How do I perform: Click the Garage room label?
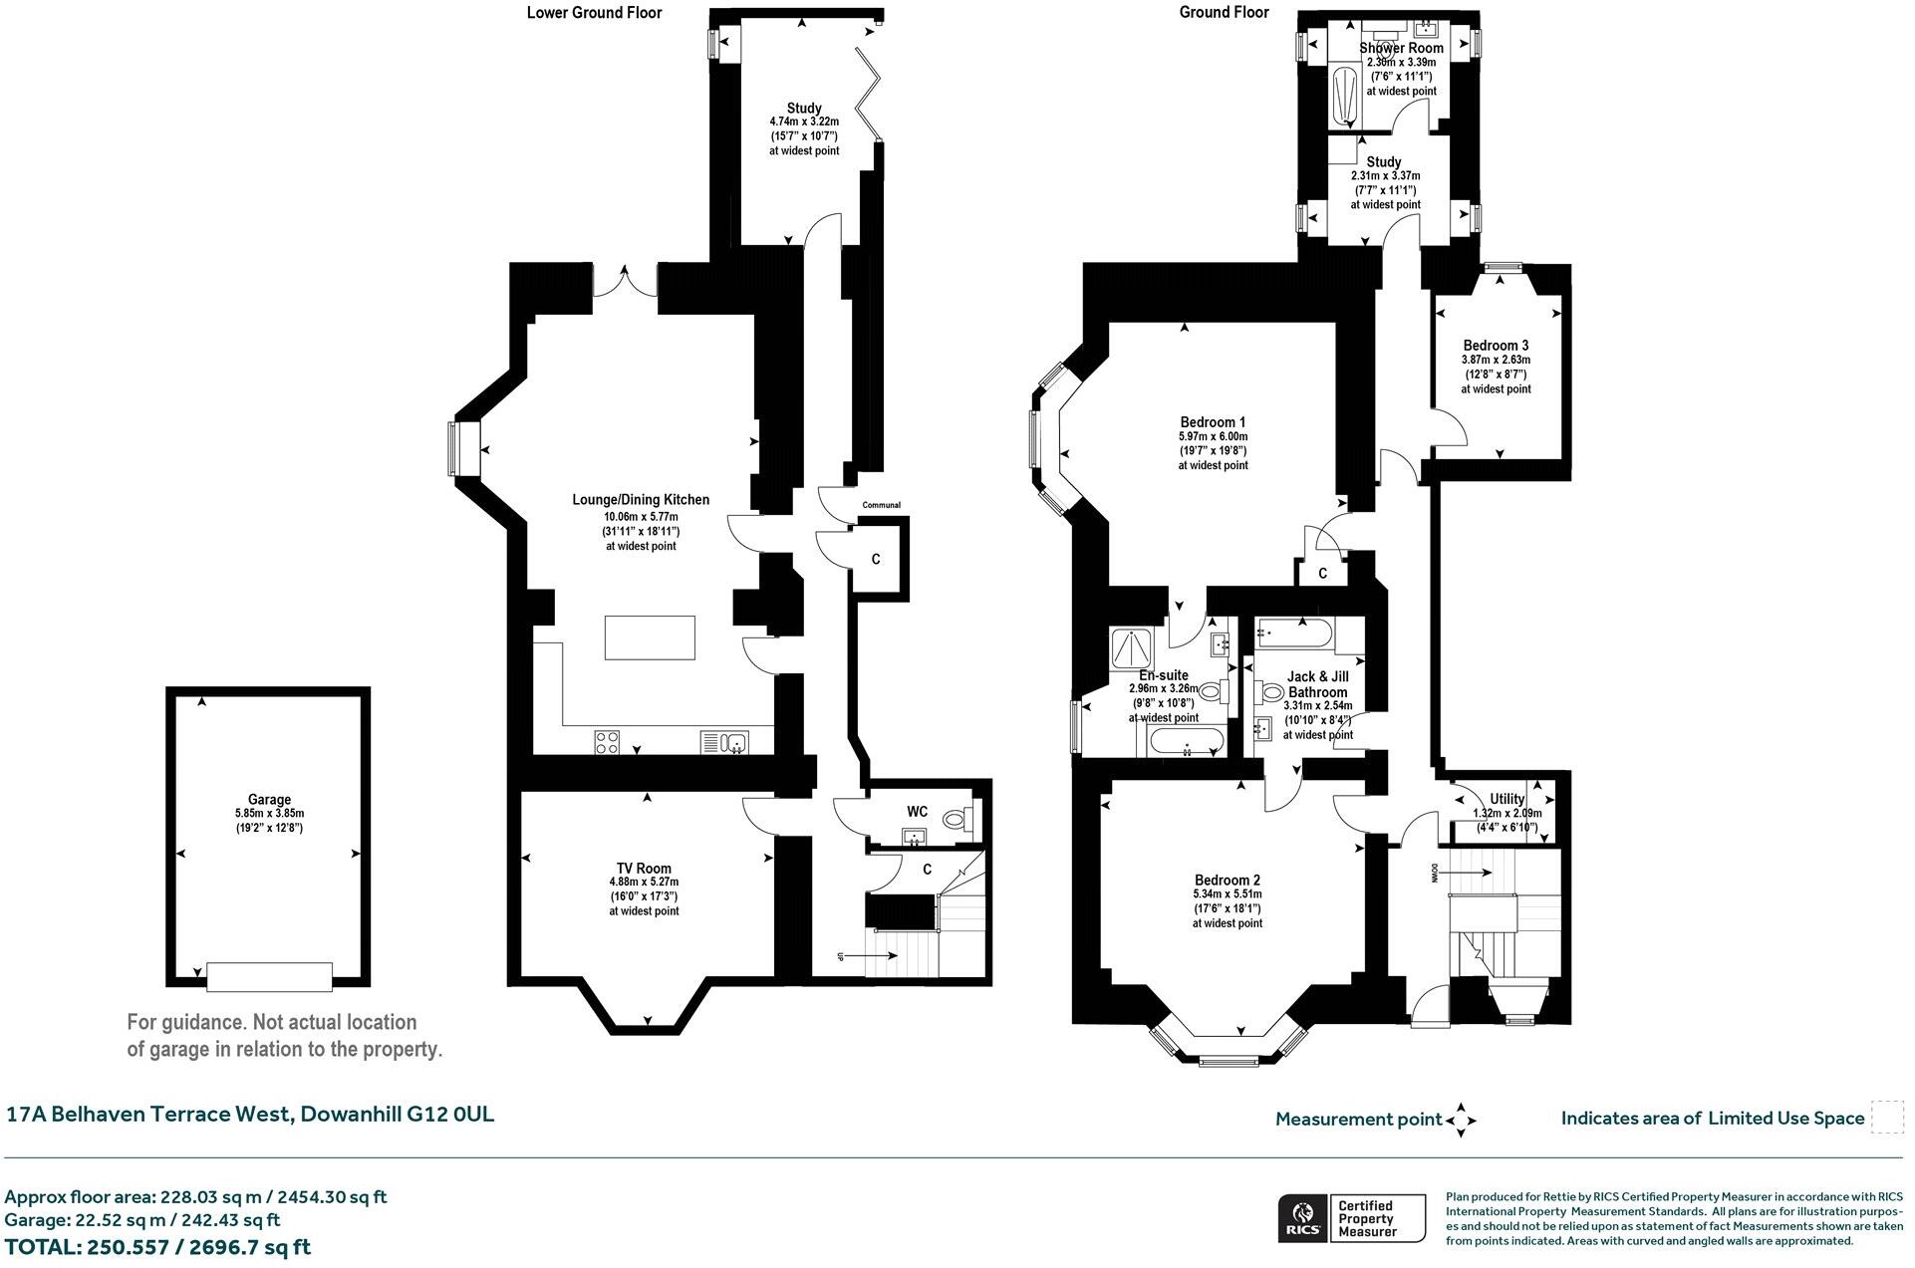(x=269, y=799)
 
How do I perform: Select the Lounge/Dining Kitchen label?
(x=641, y=499)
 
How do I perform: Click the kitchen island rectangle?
(x=650, y=637)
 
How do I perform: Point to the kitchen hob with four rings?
(x=607, y=741)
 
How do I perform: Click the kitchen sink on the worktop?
(x=735, y=741)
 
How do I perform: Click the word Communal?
(x=881, y=505)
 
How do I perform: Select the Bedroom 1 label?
(x=1212, y=421)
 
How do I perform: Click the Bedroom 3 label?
(x=1496, y=346)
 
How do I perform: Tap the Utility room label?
(x=1506, y=799)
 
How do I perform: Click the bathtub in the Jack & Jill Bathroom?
(x=1296, y=631)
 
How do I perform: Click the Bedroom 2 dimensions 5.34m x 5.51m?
(x=1227, y=894)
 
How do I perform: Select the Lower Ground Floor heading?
(x=594, y=12)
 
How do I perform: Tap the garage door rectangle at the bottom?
(x=269, y=976)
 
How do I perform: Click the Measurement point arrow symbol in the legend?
(x=1461, y=1119)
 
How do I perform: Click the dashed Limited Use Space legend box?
(x=1886, y=1117)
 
